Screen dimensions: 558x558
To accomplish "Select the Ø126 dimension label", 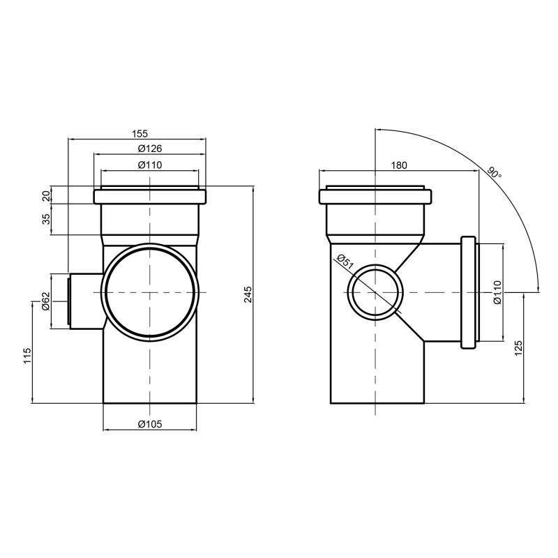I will tap(150, 149).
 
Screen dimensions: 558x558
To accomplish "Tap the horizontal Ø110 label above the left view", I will tap(150, 165).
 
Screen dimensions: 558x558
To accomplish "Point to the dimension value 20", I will tap(47, 195).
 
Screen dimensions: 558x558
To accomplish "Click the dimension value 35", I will tap(47, 219).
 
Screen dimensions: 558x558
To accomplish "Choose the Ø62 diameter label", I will tap(47, 302).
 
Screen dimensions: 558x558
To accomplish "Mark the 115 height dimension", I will tap(27, 356).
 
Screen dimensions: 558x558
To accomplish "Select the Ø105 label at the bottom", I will tap(150, 425).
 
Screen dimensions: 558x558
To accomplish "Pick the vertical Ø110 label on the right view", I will tap(498, 293).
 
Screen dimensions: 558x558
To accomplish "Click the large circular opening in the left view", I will tap(149, 292).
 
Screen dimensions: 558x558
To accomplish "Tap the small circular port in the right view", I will tap(375, 292).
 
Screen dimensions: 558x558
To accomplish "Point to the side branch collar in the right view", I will tap(469, 292).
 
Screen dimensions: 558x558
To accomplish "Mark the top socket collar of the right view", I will tap(377, 196).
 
